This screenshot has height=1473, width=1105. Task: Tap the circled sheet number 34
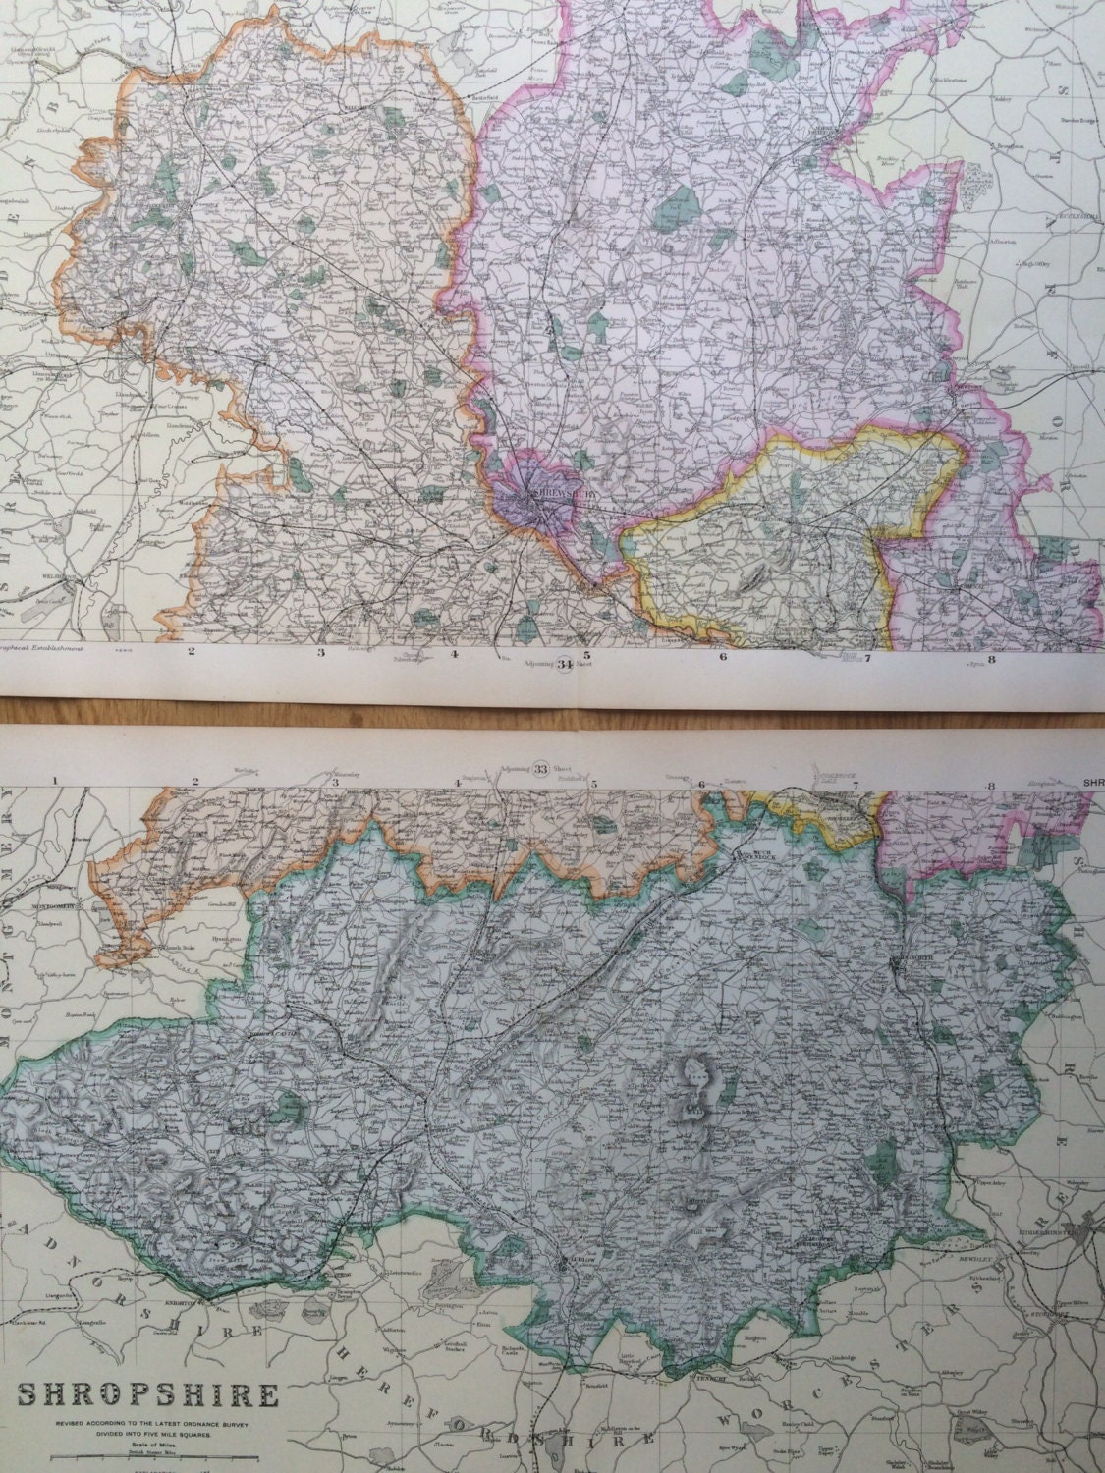[564, 665]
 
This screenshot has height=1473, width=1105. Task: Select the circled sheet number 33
[538, 769]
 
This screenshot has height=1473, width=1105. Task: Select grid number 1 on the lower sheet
[57, 781]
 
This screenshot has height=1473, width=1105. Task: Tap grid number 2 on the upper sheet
[192, 651]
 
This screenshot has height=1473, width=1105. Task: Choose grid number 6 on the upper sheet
[723, 657]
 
